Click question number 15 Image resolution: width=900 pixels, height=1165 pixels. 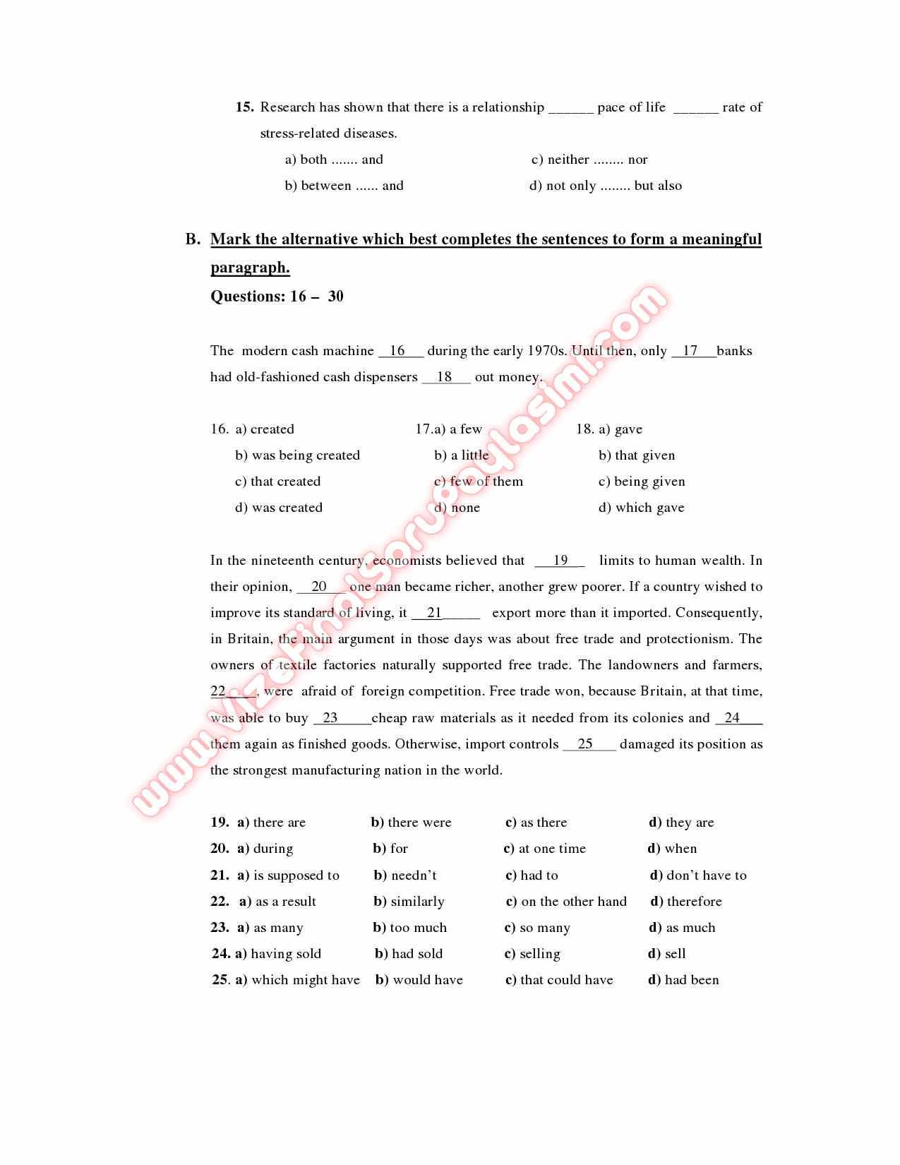tap(244, 107)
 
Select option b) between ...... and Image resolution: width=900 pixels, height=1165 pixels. tap(344, 186)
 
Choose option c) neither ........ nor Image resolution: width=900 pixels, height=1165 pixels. tap(589, 160)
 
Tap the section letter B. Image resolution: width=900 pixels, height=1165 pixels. tap(193, 239)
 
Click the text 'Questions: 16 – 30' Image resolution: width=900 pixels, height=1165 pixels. tap(277, 297)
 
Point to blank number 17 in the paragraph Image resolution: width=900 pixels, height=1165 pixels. tap(691, 351)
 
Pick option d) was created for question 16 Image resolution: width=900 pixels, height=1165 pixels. tap(279, 508)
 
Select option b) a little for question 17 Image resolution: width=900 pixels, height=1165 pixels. tap(462, 455)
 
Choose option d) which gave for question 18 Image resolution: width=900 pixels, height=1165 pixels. tap(641, 508)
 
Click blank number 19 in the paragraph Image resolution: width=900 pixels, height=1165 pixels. tap(560, 561)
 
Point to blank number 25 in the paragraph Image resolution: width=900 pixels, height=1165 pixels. tap(586, 744)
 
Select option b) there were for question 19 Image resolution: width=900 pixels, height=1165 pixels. tap(411, 823)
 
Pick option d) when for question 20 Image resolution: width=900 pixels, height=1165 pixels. tap(672, 849)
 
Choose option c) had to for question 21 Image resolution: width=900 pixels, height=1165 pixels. tap(532, 876)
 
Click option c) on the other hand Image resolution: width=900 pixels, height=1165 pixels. tap(566, 902)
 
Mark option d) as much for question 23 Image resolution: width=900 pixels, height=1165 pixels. tap(682, 928)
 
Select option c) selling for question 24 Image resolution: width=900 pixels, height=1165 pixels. tap(532, 954)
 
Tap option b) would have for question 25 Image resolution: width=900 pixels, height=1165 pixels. tap(419, 980)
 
